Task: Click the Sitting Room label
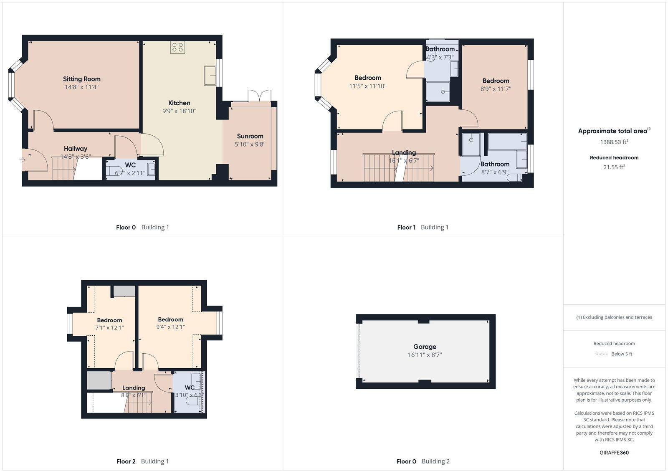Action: pyautogui.click(x=81, y=79)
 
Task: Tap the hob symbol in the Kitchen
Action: pyautogui.click(x=177, y=47)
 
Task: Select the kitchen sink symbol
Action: pyautogui.click(x=210, y=76)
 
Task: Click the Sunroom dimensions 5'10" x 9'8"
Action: pyautogui.click(x=250, y=144)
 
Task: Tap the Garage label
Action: pyautogui.click(x=425, y=347)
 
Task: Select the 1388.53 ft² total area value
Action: pyautogui.click(x=614, y=142)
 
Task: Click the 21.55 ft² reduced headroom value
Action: pyautogui.click(x=614, y=167)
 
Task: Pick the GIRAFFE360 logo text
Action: pyautogui.click(x=614, y=453)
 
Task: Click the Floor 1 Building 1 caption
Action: pyautogui.click(x=423, y=227)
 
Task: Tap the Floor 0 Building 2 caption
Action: pyautogui.click(x=423, y=461)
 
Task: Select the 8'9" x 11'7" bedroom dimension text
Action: pyautogui.click(x=496, y=89)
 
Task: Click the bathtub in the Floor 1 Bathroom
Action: pyautogui.click(x=507, y=141)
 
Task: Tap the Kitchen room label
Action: pyautogui.click(x=179, y=103)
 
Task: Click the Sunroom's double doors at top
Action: pyautogui.click(x=259, y=96)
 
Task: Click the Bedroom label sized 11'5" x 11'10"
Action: pyautogui.click(x=367, y=78)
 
